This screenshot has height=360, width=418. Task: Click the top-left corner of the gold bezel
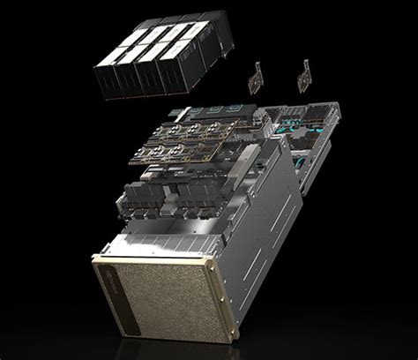[93, 257]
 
